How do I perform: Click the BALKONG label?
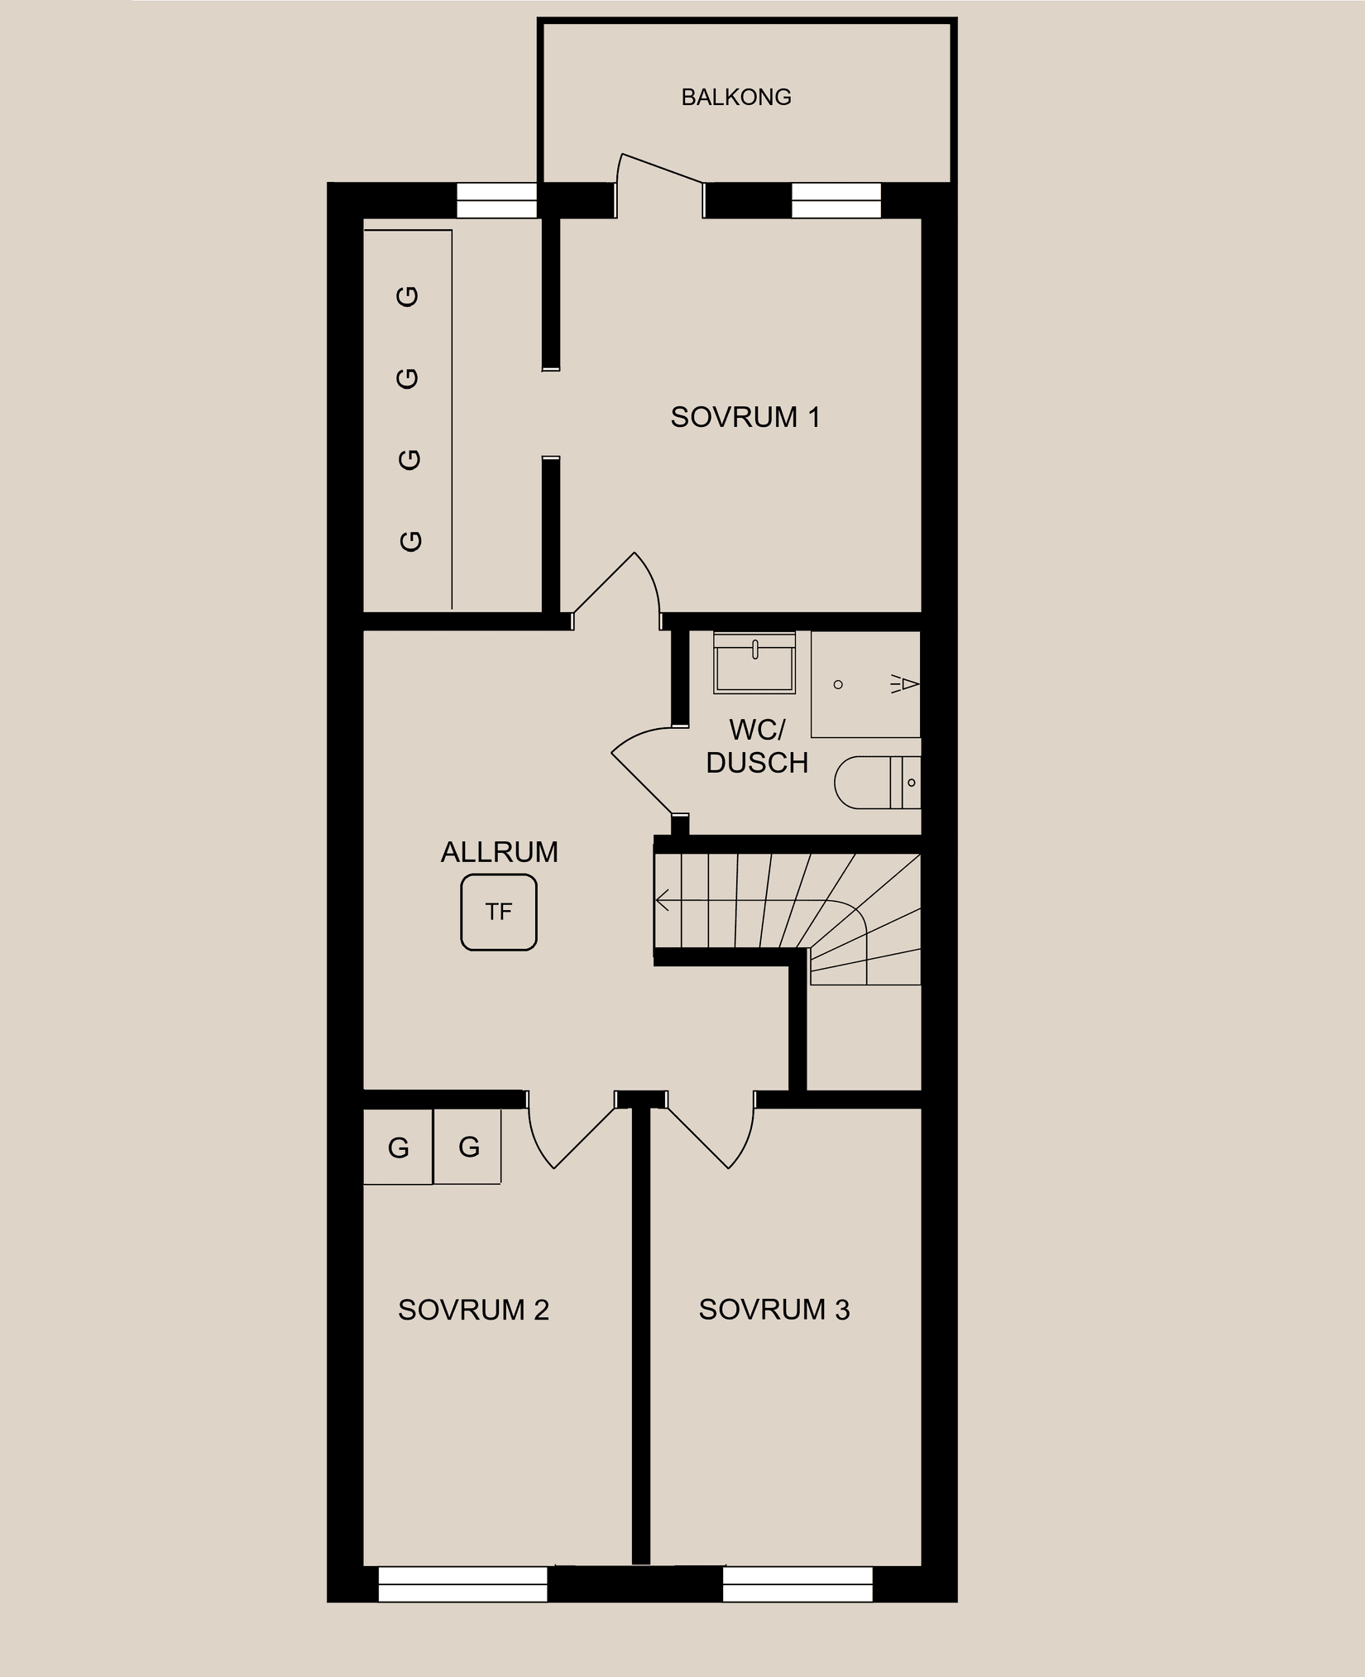pyautogui.click(x=735, y=98)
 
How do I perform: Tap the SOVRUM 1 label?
pyautogui.click(x=745, y=417)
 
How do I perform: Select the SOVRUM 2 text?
pyautogui.click(x=473, y=1310)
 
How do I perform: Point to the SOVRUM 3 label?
pyautogui.click(x=773, y=1310)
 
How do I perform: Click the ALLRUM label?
pyautogui.click(x=499, y=852)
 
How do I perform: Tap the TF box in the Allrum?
pyautogui.click(x=498, y=913)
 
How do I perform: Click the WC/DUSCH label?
pyautogui.click(x=756, y=746)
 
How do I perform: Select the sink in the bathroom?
pyautogui.click(x=754, y=664)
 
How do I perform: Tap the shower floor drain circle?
pyautogui.click(x=838, y=684)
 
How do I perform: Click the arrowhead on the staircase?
pyautogui.click(x=661, y=900)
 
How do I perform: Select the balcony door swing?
pyautogui.click(x=658, y=178)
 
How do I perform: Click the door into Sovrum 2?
pyautogui.click(x=571, y=1138)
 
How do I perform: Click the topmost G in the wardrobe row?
pyautogui.click(x=409, y=296)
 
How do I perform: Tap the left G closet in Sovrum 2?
pyautogui.click(x=398, y=1148)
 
